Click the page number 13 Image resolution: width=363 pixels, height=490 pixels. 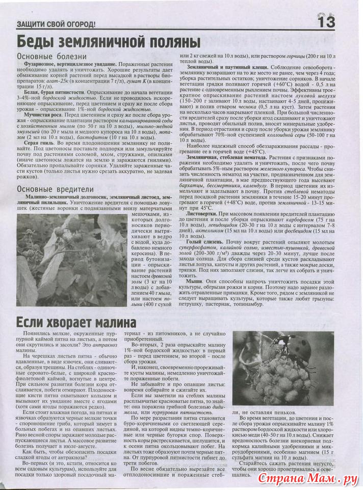click(x=326, y=22)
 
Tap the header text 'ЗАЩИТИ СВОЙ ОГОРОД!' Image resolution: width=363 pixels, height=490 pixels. click(x=56, y=25)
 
